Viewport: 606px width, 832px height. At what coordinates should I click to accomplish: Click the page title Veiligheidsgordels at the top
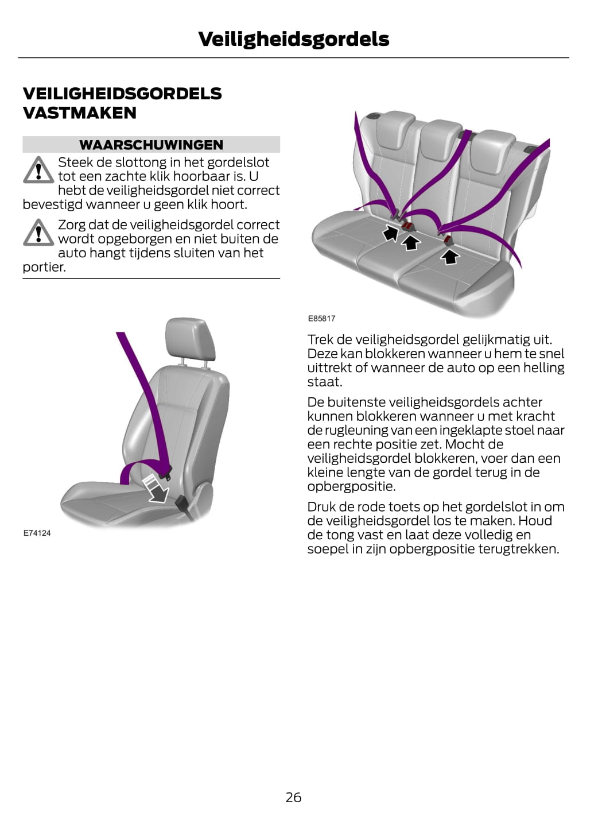294,40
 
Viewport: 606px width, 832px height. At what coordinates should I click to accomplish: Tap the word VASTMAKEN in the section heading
79,113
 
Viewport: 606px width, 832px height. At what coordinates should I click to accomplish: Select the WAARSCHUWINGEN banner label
151,145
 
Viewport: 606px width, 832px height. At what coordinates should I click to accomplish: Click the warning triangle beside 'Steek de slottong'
38,170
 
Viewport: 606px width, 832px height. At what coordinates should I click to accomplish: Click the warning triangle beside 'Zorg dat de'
38,233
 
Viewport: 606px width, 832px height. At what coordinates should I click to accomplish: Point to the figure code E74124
37,533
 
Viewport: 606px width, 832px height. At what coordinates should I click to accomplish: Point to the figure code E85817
321,318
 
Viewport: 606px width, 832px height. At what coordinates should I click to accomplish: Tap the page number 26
293,797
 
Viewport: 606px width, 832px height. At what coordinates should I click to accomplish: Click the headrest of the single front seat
190,338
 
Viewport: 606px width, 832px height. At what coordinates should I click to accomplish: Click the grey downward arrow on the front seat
157,489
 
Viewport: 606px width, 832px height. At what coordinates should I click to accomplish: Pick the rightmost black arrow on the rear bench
450,257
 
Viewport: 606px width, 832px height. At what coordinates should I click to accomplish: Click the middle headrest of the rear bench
440,145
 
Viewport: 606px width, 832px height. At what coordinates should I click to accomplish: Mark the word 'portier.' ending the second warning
44,267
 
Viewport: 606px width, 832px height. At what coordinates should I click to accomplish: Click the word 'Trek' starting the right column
320,339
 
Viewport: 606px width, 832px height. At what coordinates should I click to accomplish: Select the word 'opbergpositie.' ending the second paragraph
351,486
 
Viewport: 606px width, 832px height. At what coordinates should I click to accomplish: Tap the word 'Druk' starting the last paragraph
321,506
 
